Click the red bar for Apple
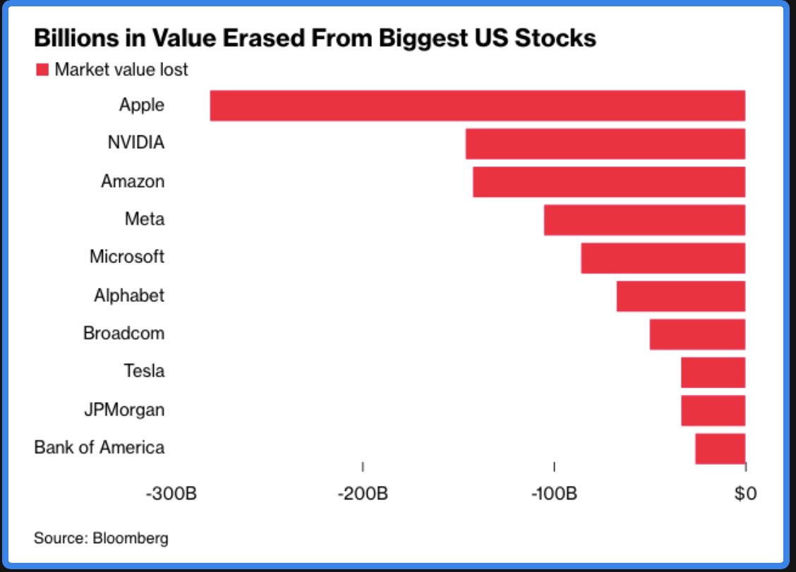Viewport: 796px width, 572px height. click(478, 106)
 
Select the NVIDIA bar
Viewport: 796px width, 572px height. click(605, 144)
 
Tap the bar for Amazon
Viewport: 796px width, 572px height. click(609, 182)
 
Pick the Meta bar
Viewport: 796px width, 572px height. click(645, 220)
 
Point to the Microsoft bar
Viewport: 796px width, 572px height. click(663, 258)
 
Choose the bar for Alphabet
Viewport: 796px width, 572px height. click(681, 296)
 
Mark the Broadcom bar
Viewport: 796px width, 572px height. click(697, 334)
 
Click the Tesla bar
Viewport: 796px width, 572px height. click(713, 372)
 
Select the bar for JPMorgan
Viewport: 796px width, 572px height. click(713, 410)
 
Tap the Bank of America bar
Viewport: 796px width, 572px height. click(720, 449)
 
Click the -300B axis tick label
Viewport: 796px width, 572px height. click(171, 493)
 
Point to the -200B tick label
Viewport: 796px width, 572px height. click(363, 493)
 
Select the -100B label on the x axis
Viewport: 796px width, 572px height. click(554, 493)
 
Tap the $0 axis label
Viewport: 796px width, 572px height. click(745, 493)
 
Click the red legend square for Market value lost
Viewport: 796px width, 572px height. click(42, 70)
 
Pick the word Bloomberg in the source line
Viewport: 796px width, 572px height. click(130, 539)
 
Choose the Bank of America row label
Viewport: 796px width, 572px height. click(99, 448)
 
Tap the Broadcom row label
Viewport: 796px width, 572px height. click(124, 334)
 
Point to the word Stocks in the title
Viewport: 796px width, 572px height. click(555, 38)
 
